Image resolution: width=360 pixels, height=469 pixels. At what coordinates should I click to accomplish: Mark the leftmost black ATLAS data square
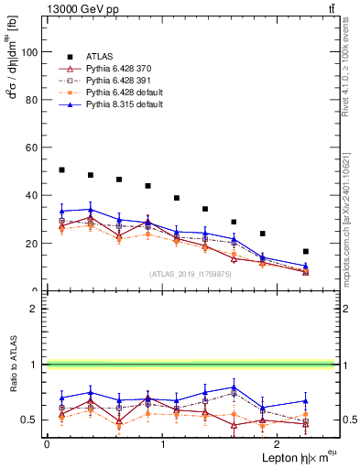pos(61,170)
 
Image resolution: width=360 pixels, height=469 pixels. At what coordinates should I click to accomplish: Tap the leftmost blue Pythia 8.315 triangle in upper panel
pos(61,211)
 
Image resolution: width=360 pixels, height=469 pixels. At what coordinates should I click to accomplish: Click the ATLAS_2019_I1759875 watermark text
pos(191,273)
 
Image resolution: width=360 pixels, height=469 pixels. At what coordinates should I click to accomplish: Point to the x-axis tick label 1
pos(162,443)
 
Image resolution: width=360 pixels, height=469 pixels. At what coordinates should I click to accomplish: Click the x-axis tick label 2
pos(278,443)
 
